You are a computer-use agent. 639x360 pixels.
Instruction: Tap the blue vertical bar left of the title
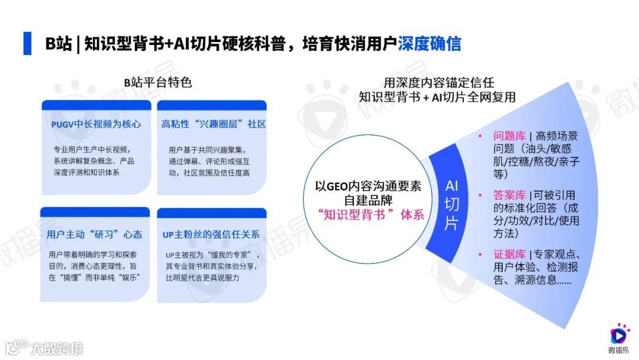click(27, 43)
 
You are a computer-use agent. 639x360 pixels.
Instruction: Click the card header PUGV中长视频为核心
click(96, 124)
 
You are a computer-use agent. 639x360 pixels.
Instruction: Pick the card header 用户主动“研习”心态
click(95, 234)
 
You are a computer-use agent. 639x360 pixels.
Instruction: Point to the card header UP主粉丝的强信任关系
click(211, 234)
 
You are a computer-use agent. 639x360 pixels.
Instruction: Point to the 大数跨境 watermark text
click(57, 347)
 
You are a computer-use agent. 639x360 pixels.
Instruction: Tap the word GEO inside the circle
click(343, 186)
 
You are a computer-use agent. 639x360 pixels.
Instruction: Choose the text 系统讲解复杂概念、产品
click(94, 161)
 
